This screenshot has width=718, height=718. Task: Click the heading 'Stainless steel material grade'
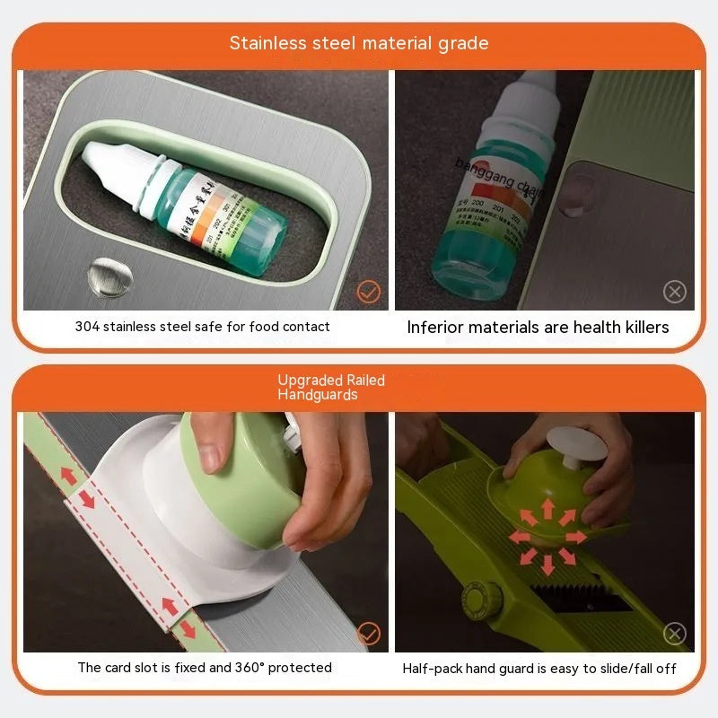point(359,43)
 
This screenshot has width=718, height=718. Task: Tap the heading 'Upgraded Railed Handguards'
point(331,387)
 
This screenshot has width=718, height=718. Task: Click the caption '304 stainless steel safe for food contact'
point(202,327)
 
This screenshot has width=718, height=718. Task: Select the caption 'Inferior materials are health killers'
point(538,327)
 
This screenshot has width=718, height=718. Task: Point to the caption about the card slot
point(205,668)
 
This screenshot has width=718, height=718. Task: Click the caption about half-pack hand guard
point(539,668)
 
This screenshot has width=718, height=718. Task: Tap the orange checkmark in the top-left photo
point(368,292)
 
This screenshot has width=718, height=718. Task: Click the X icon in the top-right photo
point(674,292)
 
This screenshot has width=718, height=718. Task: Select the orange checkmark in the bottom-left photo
point(368,633)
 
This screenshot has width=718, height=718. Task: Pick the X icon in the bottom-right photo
point(674,633)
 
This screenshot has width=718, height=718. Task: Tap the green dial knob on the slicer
point(476,599)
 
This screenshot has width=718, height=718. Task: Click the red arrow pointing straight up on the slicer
point(547,508)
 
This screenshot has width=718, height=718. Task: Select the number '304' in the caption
point(88,327)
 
